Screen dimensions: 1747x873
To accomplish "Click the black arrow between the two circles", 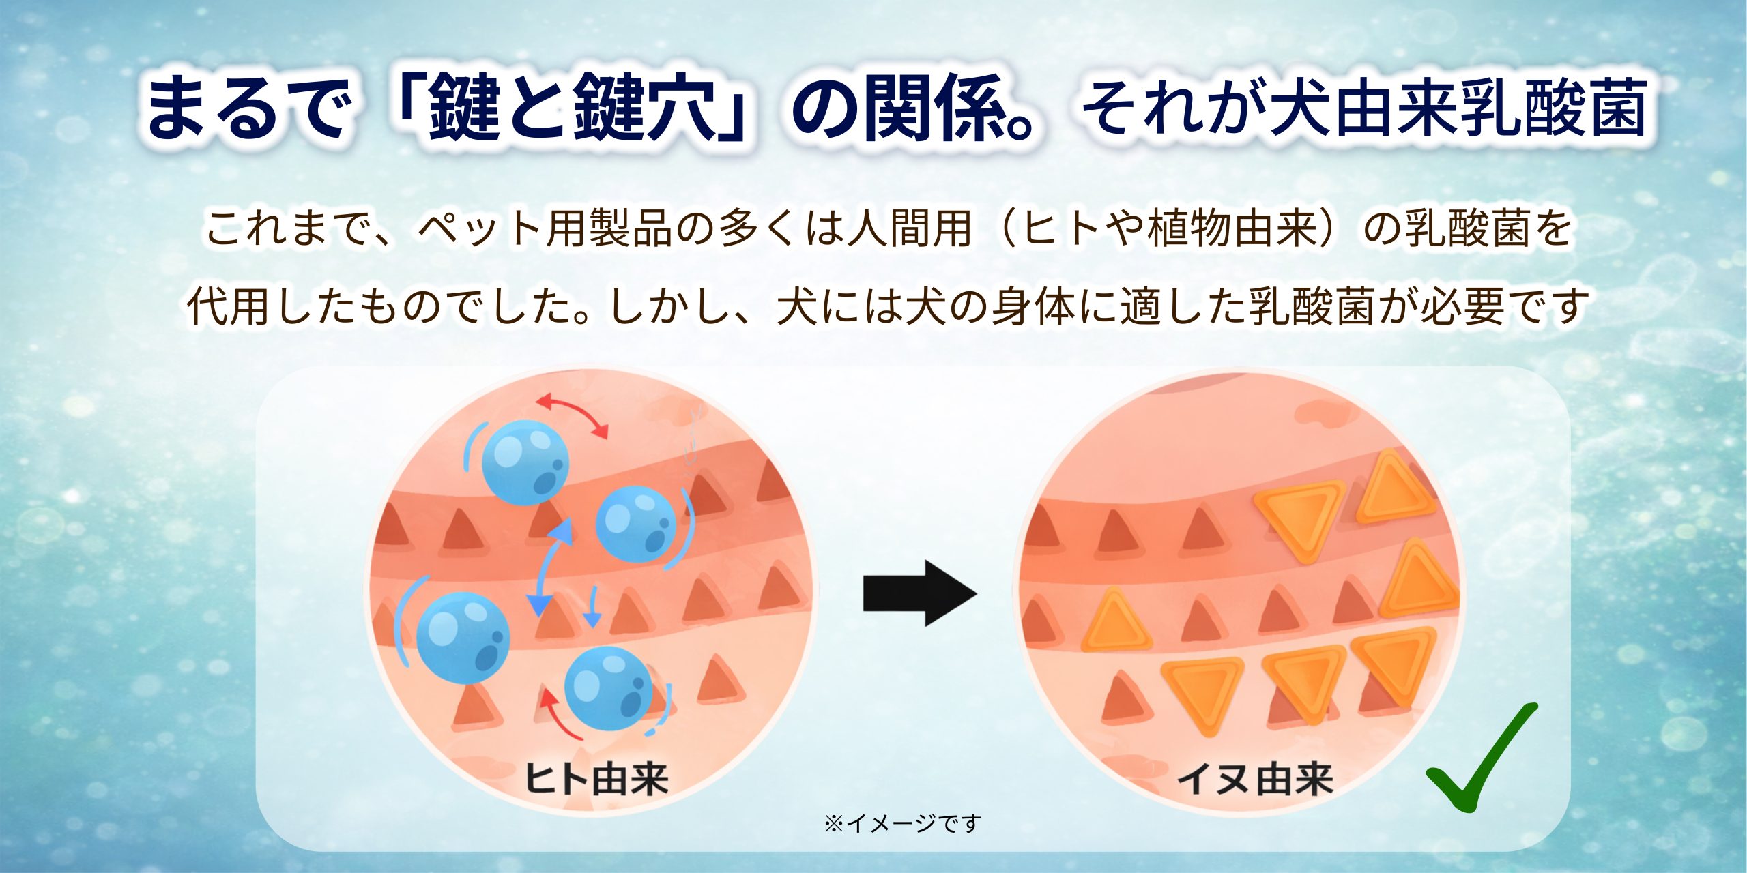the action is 919,593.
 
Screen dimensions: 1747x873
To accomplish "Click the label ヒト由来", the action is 596,778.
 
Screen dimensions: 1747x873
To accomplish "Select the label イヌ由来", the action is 1255,778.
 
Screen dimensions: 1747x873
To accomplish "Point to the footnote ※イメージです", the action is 902,823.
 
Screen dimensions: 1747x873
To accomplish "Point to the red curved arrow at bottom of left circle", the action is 560,716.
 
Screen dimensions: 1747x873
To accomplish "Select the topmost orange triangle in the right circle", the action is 1388,488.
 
